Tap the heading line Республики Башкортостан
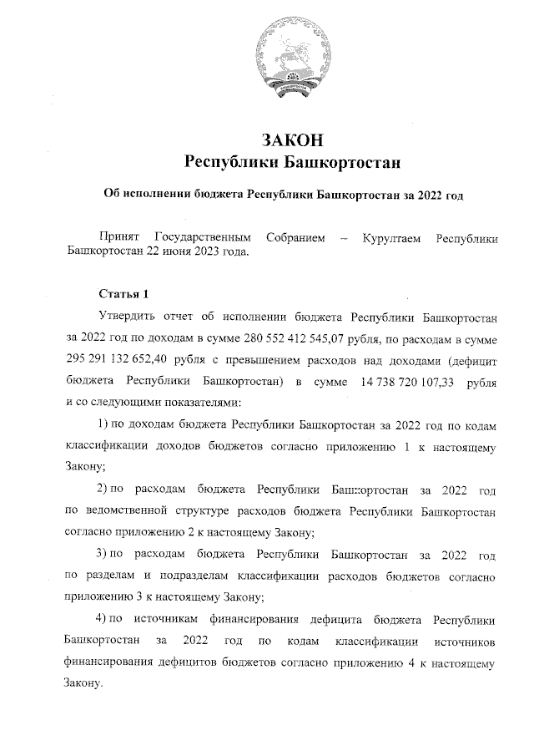[x=291, y=160]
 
